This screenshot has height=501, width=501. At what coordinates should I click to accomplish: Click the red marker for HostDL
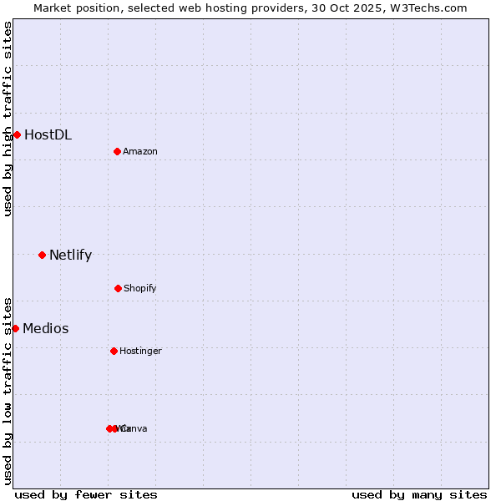[17, 134]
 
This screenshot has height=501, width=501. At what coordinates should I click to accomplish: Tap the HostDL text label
[48, 134]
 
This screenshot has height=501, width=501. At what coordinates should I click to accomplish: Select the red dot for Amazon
[117, 151]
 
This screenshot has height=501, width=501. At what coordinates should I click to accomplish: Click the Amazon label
[140, 151]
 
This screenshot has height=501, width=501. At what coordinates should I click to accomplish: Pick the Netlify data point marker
[42, 255]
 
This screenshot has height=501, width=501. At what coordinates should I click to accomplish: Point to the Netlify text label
[70, 256]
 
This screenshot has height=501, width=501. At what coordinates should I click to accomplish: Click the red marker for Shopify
[118, 288]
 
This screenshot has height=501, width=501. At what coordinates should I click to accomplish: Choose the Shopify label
[140, 288]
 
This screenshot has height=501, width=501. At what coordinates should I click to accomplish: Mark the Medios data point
[15, 328]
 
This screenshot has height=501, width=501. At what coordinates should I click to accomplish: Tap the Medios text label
[46, 329]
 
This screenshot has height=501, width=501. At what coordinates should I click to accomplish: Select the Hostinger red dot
[114, 351]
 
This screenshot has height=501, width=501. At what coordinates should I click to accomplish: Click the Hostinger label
[140, 351]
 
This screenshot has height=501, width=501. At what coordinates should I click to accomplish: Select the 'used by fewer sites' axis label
[86, 494]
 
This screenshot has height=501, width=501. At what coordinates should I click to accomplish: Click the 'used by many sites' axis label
[419, 494]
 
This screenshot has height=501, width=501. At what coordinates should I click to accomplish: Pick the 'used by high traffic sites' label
[8, 119]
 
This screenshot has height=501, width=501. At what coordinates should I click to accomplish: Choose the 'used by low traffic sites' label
[8, 391]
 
